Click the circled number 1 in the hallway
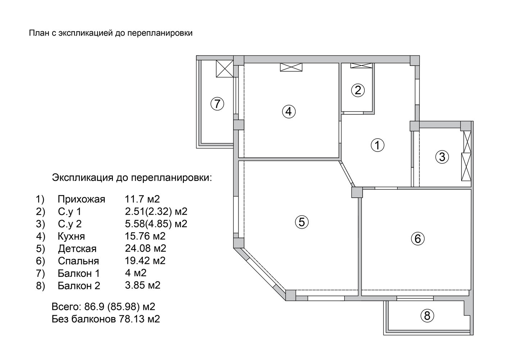click(377, 145)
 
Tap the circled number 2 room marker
click(358, 90)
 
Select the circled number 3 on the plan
click(442, 157)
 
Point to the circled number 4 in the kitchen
click(289, 112)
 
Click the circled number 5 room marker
click(302, 222)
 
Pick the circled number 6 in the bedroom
click(418, 239)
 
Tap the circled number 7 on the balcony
click(218, 104)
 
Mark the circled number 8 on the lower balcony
click(427, 316)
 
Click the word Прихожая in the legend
click(81, 199)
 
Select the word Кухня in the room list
click(71, 237)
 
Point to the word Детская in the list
click(77, 249)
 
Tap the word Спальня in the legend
click(78, 261)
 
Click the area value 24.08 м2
click(145, 248)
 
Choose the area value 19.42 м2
click(145, 260)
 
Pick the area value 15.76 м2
click(145, 236)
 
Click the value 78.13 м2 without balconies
click(139, 319)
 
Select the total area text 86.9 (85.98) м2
click(120, 307)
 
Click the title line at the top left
click(111, 33)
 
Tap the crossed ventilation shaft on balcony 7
click(224, 69)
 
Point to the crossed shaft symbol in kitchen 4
click(291, 67)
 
